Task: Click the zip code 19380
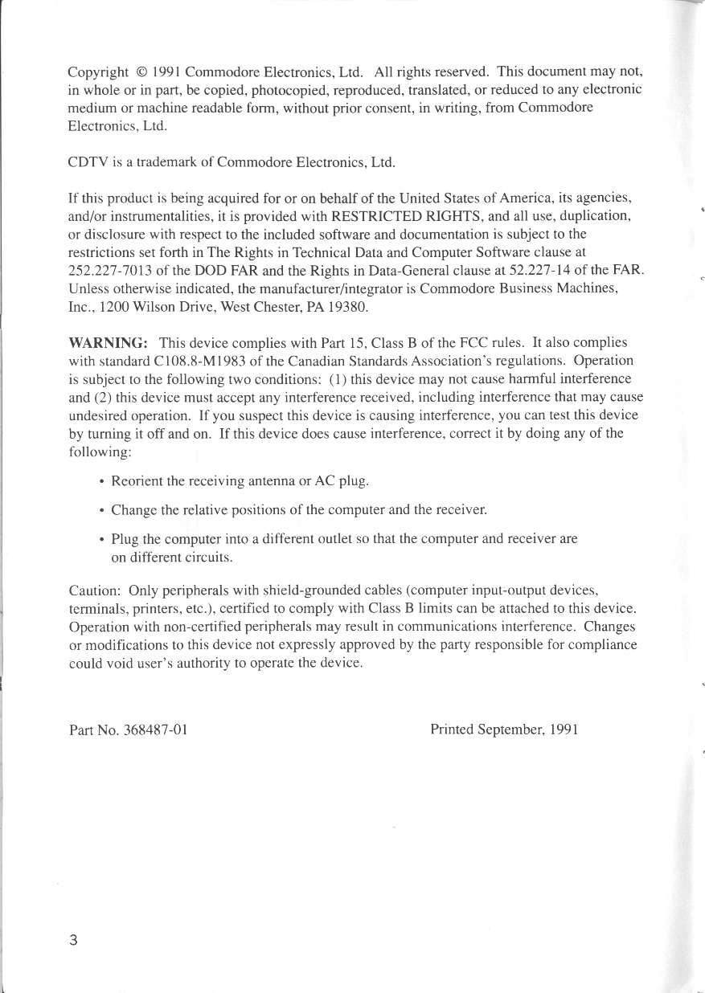(350, 306)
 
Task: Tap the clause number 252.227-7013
(110, 270)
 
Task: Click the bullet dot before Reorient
(100, 482)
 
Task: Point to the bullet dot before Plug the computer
(100, 539)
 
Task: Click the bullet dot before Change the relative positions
(100, 511)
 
